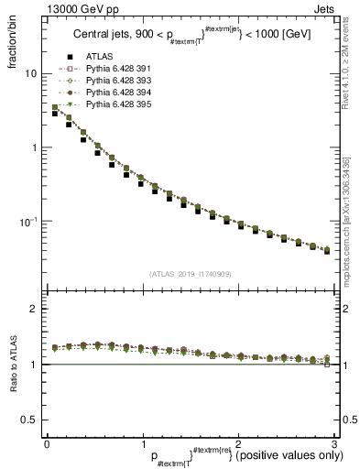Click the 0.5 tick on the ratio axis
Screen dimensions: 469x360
29,420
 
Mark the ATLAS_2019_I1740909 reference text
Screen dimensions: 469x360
189,274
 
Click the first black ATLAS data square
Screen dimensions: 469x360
55,114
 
